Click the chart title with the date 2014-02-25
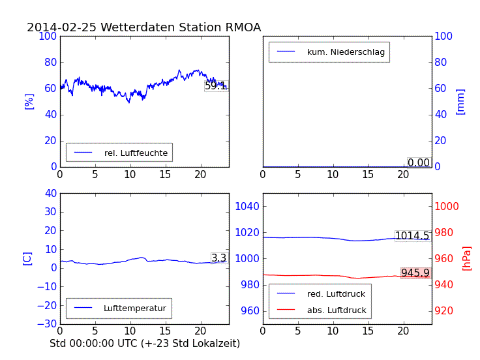click(143, 27)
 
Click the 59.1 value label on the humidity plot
click(216, 85)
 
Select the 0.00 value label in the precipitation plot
click(419, 162)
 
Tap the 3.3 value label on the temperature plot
click(219, 258)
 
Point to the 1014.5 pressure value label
click(412, 236)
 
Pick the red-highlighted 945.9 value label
click(415, 273)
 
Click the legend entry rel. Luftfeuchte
click(136, 153)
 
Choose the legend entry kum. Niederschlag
click(346, 52)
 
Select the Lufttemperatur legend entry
click(134, 308)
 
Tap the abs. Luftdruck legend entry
click(337, 310)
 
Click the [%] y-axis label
click(29, 101)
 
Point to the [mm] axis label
click(460, 101)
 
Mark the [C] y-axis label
click(27, 258)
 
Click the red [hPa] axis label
click(467, 258)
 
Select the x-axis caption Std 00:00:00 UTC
click(145, 343)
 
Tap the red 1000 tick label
click(447, 206)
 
